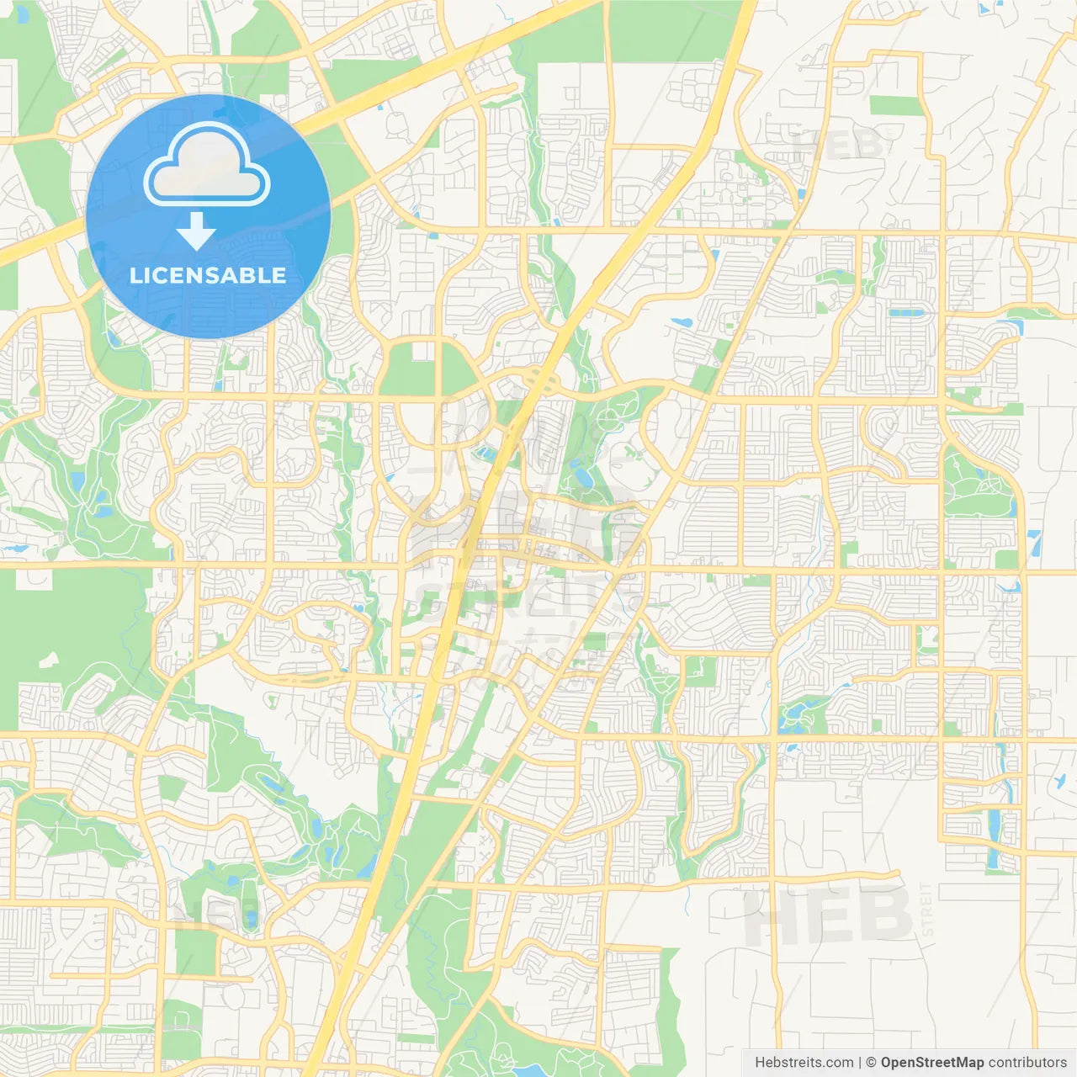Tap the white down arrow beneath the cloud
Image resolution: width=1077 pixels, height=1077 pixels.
[x=196, y=231]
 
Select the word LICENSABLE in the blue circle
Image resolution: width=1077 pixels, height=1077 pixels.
[x=208, y=275]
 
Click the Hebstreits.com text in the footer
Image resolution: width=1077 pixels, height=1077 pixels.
[x=804, y=1063]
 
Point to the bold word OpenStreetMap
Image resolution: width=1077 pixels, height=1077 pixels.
[x=931, y=1063]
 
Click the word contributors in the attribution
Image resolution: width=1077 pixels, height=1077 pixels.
[x=1027, y=1063]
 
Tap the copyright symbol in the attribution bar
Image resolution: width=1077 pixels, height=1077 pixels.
[x=872, y=1063]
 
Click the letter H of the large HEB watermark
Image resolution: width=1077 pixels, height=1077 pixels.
[x=771, y=915]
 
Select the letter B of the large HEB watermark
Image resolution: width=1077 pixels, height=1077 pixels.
[x=885, y=915]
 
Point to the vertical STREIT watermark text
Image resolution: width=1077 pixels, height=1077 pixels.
[x=927, y=910]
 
